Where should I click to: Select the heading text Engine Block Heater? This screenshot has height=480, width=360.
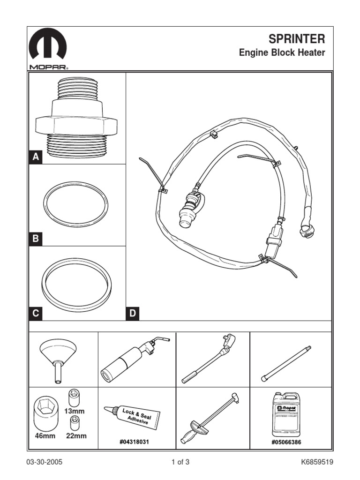click(x=282, y=52)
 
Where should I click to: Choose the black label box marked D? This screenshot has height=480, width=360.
click(x=133, y=314)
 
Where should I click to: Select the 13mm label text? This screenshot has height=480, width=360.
click(x=75, y=411)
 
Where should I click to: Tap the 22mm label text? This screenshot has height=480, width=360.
click(x=76, y=435)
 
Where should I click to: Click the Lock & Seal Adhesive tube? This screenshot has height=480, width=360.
click(x=132, y=415)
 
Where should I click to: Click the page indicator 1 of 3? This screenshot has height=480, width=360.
click(x=180, y=462)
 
